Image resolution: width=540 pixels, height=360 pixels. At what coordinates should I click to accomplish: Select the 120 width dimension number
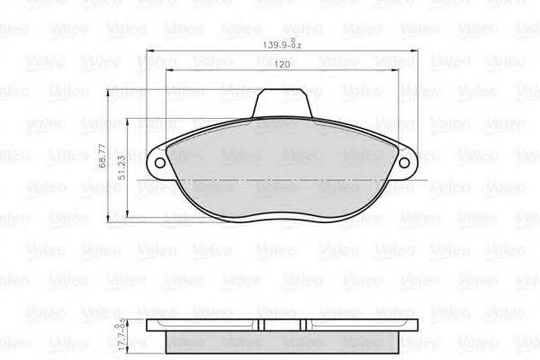point(282,65)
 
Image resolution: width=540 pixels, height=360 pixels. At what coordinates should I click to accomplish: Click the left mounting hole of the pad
point(161,165)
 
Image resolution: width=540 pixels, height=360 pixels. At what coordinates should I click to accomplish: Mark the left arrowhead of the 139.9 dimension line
point(150,49)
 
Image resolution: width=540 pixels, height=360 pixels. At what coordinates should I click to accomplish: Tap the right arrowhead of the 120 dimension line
point(400,71)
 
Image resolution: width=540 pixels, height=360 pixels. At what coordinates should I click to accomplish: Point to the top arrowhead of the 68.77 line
point(109,93)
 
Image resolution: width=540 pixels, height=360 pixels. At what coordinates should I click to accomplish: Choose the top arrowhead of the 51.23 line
point(128,122)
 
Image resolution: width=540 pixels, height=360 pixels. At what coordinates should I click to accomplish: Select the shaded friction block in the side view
point(284,345)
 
